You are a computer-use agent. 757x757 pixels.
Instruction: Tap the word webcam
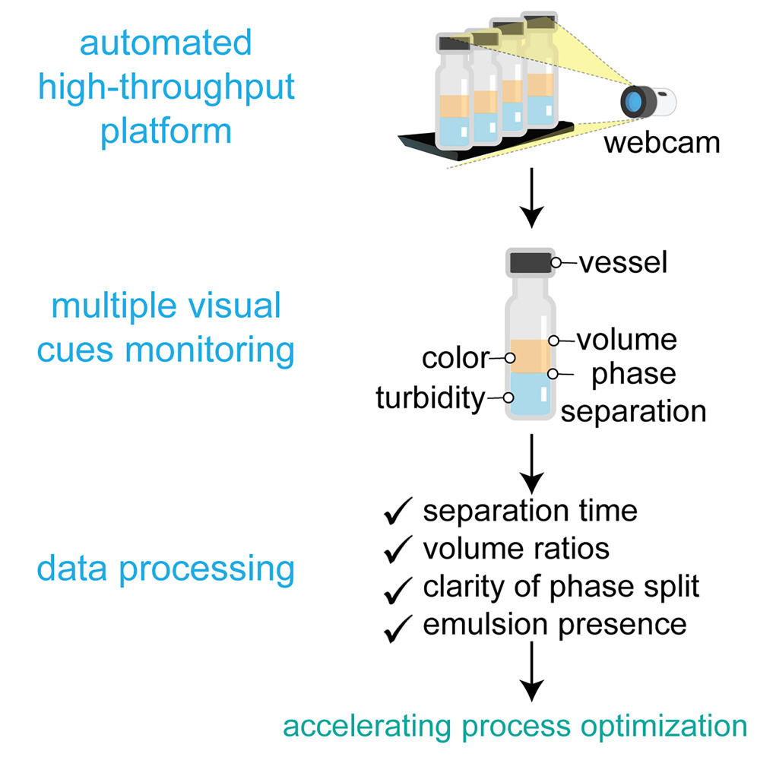click(x=661, y=143)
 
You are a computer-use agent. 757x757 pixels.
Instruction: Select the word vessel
click(x=622, y=263)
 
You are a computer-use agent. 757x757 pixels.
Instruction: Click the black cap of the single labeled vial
click(x=531, y=263)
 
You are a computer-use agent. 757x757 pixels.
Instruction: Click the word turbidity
click(x=429, y=397)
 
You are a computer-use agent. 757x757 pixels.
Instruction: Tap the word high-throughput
click(x=166, y=88)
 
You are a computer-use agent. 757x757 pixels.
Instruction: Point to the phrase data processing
click(x=166, y=568)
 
